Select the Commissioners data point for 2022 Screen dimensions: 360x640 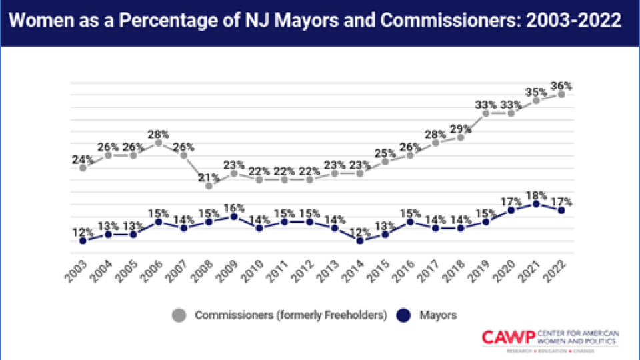pyautogui.click(x=561, y=94)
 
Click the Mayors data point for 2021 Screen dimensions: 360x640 pyautogui.click(x=536, y=204)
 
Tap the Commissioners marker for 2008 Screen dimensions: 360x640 pyautogui.click(x=209, y=186)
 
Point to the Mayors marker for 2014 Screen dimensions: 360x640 pyautogui.click(x=360, y=240)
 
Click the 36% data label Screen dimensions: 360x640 pyautogui.click(x=561, y=85)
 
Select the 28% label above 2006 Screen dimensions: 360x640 pyautogui.click(x=158, y=133)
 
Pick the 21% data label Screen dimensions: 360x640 pyautogui.click(x=209, y=177)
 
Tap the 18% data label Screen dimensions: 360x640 pyautogui.click(x=536, y=195)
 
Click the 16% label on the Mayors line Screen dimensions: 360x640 pyautogui.click(x=234, y=207)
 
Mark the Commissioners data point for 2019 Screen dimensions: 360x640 pyautogui.click(x=486, y=113)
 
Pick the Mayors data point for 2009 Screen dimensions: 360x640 pyautogui.click(x=234, y=217)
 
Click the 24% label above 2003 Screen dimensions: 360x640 pyautogui.click(x=83, y=159)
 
